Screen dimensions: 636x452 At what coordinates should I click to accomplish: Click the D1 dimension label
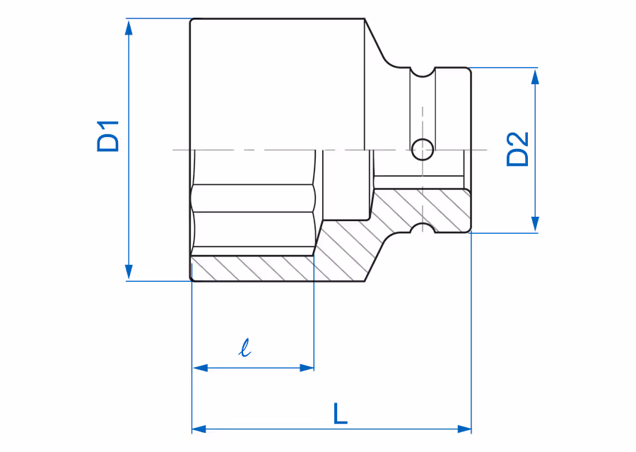coord(108,136)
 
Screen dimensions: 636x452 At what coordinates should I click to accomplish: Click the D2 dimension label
coord(518,149)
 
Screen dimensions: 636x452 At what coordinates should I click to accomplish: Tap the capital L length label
coord(341,413)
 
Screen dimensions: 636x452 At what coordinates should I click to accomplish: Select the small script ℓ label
coord(245,347)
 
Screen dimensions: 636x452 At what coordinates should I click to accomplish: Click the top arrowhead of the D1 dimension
coord(129,28)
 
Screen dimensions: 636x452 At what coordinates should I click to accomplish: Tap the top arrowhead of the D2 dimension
coord(535,76)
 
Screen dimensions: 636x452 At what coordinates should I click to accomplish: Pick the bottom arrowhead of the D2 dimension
coord(535,224)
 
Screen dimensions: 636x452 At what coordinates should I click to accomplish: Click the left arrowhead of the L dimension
coord(199,429)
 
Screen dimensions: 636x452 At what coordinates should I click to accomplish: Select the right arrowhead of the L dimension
coord(464,429)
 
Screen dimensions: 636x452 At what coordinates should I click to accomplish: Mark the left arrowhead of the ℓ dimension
coord(201,368)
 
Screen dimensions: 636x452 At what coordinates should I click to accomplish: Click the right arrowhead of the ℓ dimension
coord(306,368)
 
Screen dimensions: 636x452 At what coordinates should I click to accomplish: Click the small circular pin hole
coord(423,149)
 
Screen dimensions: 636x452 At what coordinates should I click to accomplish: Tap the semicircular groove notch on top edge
coord(423,72)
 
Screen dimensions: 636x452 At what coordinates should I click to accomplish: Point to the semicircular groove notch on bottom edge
coord(423,228)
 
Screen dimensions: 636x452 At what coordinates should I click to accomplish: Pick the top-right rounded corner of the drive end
coord(468,71)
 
